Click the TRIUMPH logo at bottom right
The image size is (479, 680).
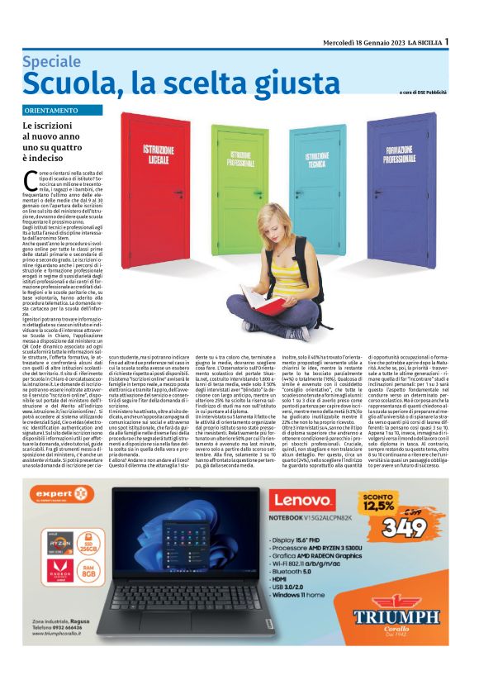[396, 617]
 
